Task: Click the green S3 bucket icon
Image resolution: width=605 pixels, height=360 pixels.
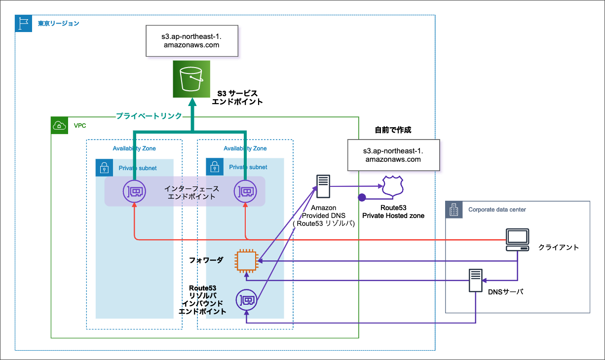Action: tap(191, 79)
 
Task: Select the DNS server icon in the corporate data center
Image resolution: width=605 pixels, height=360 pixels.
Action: tap(475, 280)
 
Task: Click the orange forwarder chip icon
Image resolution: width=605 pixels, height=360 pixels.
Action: tap(247, 260)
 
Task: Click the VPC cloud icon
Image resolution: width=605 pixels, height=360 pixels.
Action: tap(60, 126)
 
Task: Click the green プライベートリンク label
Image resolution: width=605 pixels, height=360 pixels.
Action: tap(149, 116)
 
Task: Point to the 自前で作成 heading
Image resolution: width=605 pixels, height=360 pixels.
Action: tap(393, 130)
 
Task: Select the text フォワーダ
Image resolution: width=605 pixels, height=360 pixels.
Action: tap(206, 260)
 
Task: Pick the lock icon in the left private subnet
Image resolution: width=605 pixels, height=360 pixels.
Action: tap(104, 168)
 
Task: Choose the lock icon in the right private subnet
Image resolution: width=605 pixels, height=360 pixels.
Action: tap(215, 167)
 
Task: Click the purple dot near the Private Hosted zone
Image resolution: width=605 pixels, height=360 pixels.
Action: tap(362, 197)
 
